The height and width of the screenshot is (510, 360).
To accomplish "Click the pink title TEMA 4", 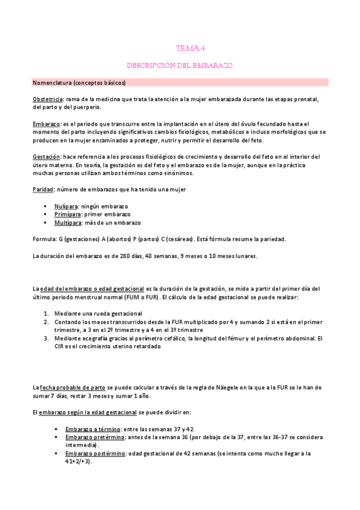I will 188,48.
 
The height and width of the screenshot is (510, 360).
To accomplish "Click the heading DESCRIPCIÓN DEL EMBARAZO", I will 180,65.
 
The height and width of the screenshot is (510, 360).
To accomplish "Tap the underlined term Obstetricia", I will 48,99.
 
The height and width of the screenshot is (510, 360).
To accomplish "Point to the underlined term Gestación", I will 46,156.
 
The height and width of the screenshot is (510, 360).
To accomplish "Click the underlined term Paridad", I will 43,189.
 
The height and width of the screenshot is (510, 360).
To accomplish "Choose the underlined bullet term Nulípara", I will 66,206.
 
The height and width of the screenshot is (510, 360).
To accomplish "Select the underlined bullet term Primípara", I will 67,214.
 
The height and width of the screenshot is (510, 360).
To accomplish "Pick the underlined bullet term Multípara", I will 67,223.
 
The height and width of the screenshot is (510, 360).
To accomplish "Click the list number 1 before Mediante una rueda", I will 47,313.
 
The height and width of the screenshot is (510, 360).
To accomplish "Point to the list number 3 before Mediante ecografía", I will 47,338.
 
